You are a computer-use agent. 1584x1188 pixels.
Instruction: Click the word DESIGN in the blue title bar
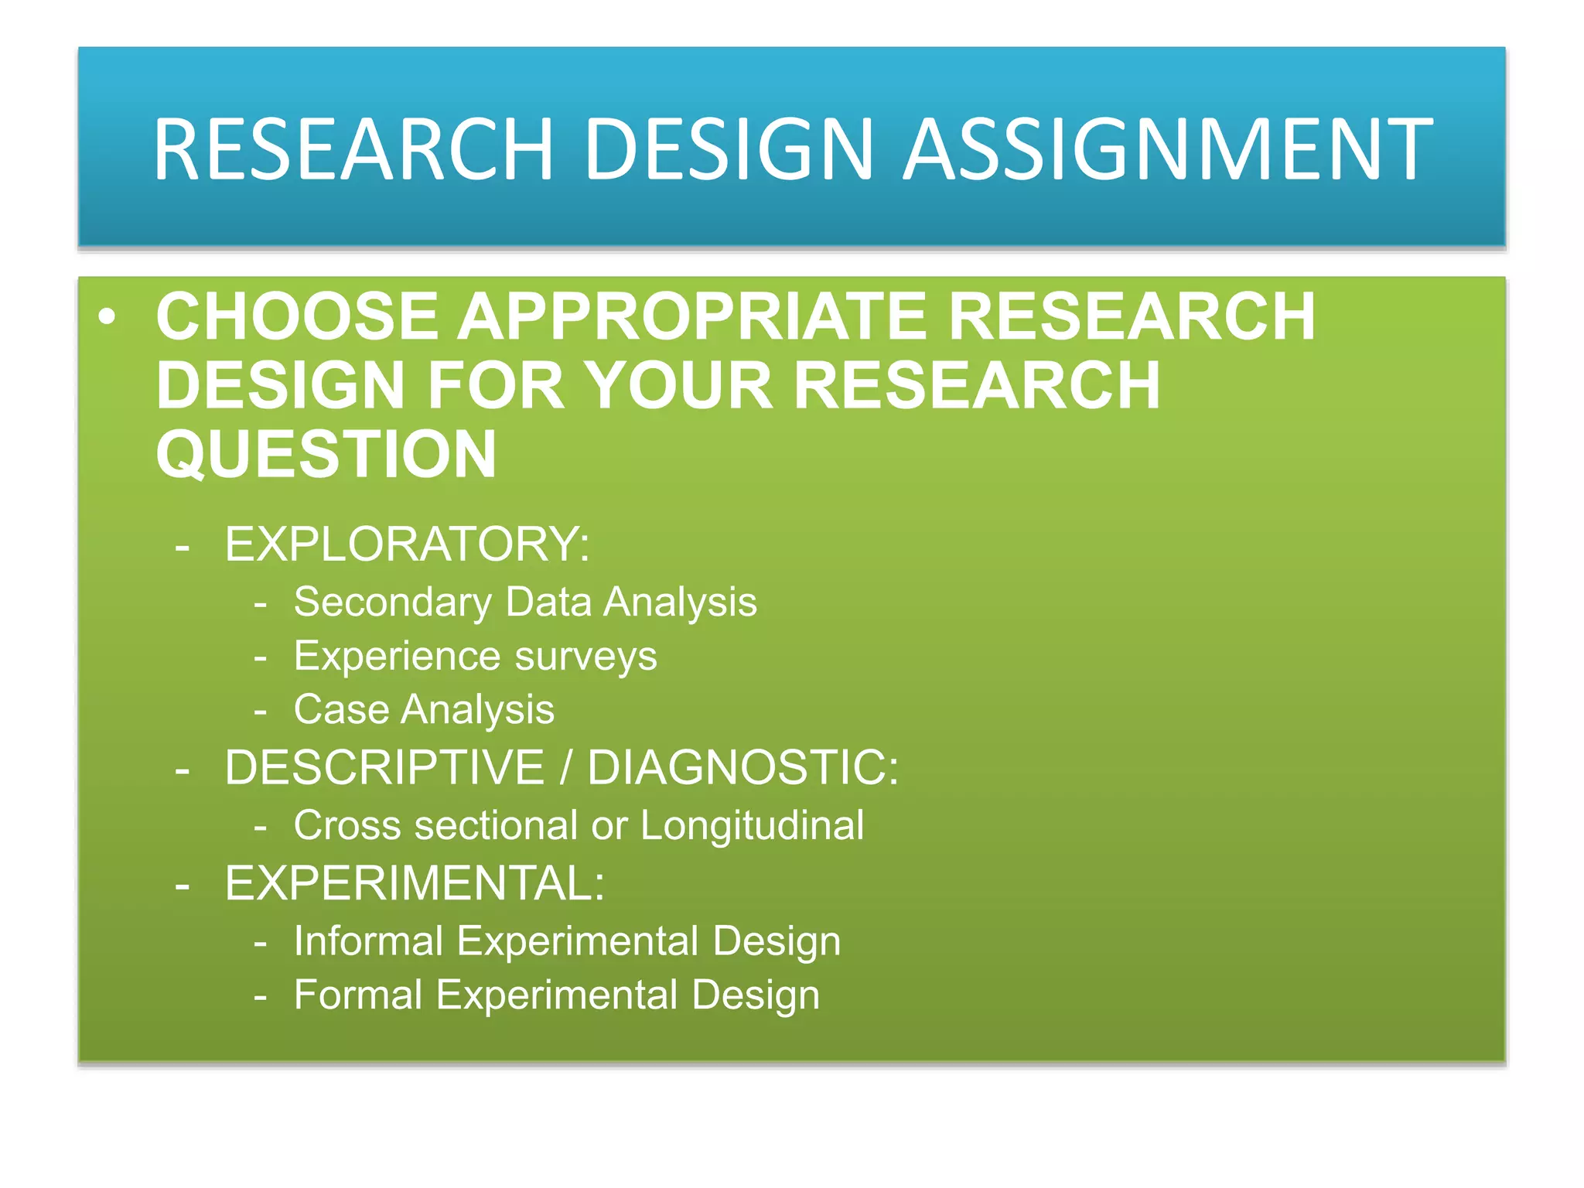pos(729,148)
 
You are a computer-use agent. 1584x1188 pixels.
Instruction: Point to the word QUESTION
pos(326,455)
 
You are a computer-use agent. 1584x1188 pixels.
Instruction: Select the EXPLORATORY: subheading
pos(407,544)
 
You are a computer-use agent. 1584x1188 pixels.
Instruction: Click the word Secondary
pos(392,602)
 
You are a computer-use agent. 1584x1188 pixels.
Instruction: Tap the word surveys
pos(585,656)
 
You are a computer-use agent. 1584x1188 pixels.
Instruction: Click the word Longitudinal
pos(752,824)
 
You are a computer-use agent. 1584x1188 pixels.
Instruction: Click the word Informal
pos(368,940)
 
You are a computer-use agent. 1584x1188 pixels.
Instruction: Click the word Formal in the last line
pos(358,995)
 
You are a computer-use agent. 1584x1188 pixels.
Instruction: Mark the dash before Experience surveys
pos(261,657)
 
